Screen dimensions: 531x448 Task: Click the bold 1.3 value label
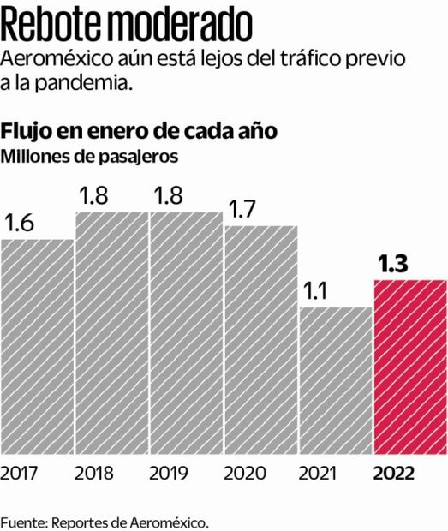point(391,265)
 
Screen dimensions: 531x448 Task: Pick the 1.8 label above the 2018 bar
point(94,196)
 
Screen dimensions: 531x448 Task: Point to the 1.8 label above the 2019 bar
point(168,196)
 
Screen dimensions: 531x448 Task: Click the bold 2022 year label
point(394,473)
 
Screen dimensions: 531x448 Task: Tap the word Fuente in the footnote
point(23,521)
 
